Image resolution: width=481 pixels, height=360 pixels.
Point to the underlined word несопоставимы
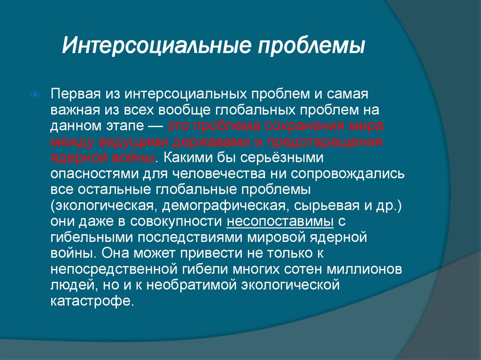pyautogui.click(x=280, y=222)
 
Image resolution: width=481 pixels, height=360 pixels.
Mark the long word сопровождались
pyautogui.click(x=347, y=174)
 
